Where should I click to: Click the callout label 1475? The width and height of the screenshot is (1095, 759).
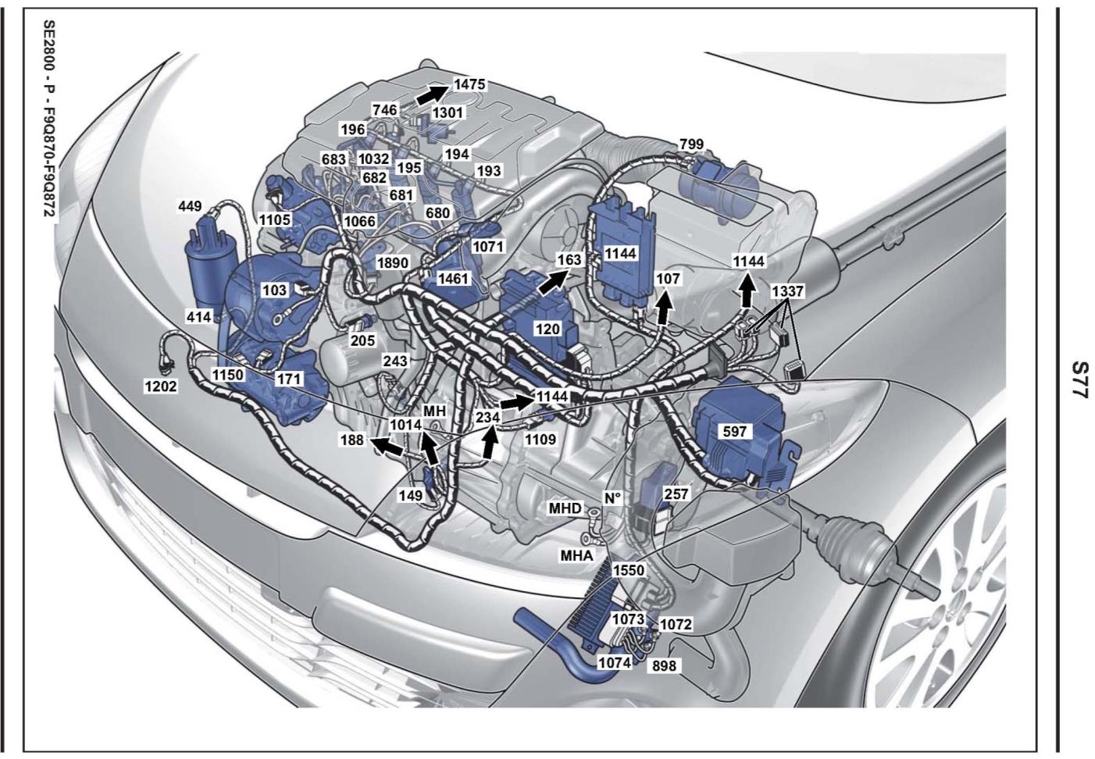(469, 84)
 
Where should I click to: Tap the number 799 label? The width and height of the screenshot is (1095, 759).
(691, 144)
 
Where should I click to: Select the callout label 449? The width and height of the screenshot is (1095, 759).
(190, 206)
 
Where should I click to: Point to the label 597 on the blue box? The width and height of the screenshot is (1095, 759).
(735, 432)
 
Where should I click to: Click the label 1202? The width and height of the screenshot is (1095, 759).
(160, 387)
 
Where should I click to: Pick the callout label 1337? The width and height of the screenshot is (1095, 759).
(787, 291)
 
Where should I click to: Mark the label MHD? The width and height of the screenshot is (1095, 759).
(565, 509)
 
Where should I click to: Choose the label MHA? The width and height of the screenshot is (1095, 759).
(577, 555)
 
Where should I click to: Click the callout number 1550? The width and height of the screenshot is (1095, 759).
(629, 570)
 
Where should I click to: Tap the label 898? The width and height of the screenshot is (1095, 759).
(664, 665)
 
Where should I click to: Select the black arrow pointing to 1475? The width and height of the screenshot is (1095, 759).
(432, 94)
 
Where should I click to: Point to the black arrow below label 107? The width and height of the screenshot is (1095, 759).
(663, 308)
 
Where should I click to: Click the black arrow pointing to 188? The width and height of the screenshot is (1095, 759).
(387, 446)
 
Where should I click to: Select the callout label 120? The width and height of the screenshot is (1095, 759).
(547, 329)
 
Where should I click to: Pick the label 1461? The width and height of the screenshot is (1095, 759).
(453, 279)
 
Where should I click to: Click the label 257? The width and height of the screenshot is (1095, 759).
(676, 494)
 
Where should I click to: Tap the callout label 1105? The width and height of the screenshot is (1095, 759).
(275, 219)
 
